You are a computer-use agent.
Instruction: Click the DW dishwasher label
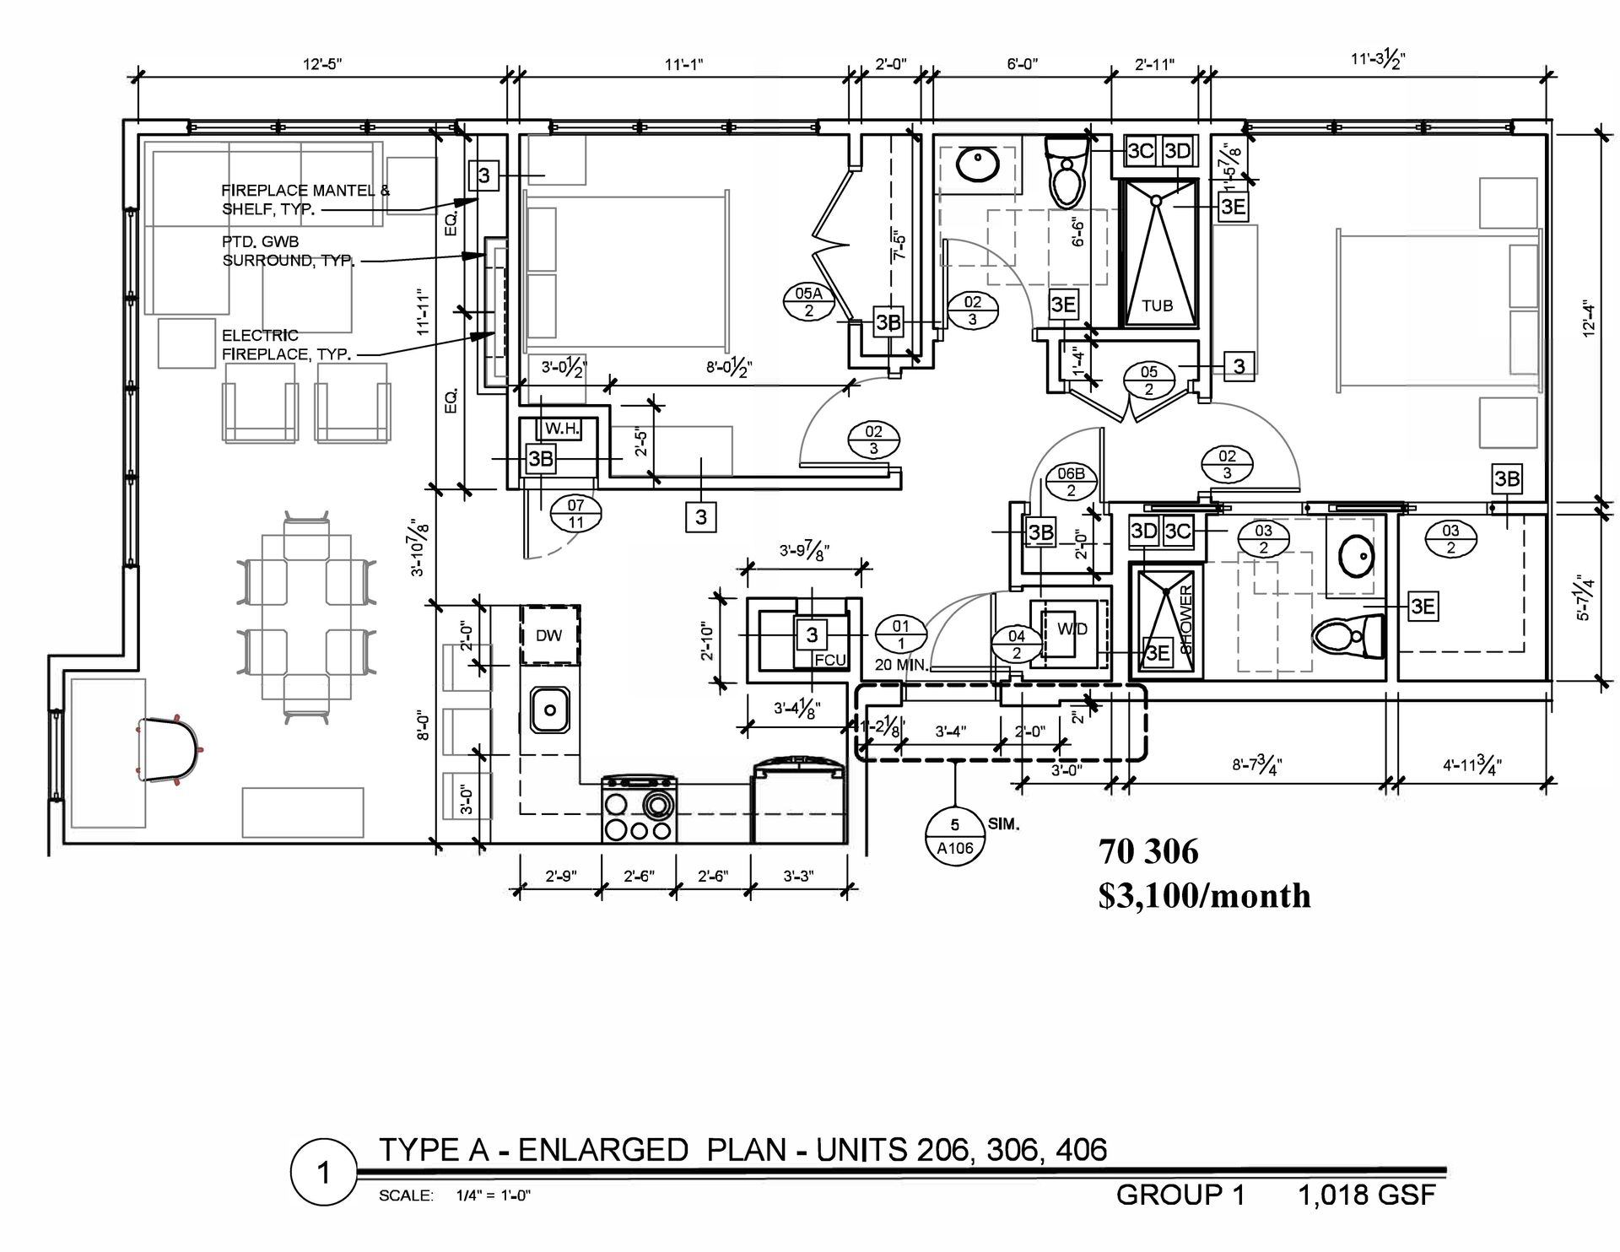[x=548, y=635]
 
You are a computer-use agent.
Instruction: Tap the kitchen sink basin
[x=550, y=710]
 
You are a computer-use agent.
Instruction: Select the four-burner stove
[x=639, y=809]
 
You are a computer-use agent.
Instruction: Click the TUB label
[x=1158, y=305]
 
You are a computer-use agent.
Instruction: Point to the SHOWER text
[x=1185, y=620]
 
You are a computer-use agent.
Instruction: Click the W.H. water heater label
[x=562, y=429]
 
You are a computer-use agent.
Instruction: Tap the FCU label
[x=830, y=660]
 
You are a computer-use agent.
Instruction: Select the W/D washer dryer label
[x=1072, y=629]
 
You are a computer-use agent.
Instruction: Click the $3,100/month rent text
[x=1205, y=896]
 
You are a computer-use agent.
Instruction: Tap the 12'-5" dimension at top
[x=323, y=63]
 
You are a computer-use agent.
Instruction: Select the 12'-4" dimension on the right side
[x=1589, y=321]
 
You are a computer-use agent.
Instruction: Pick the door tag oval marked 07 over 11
[x=575, y=514]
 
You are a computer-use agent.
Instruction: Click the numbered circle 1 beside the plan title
[x=321, y=1174]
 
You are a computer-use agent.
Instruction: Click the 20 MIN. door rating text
[x=902, y=665]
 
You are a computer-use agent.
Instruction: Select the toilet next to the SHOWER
[x=1348, y=637]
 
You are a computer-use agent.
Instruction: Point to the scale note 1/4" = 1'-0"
[x=494, y=1195]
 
